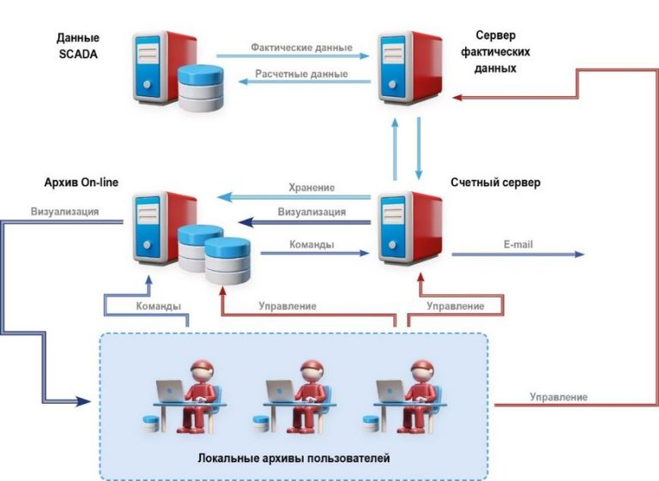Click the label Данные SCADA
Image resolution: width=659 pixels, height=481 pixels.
point(78,45)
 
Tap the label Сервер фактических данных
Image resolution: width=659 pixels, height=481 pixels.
point(502,51)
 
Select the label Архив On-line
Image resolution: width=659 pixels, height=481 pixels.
point(81,183)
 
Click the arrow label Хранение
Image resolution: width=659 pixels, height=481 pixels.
point(311,187)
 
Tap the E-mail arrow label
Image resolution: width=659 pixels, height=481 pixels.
point(518,244)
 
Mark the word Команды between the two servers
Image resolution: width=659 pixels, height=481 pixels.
point(311,244)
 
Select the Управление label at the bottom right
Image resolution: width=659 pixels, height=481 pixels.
point(558,397)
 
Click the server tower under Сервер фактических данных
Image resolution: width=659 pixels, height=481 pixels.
point(410,69)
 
